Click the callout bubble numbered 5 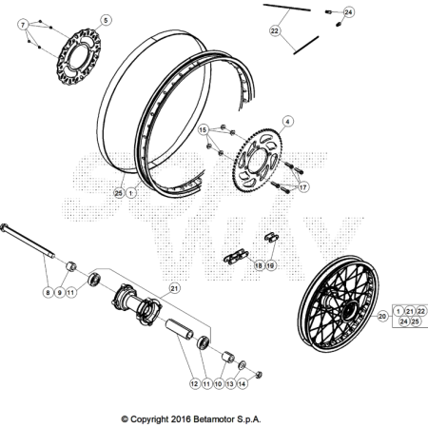tap(106, 20)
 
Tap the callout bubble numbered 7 tap(23, 25)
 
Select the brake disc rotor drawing tap(79, 57)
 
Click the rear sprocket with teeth tap(258, 160)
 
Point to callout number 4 tap(287, 122)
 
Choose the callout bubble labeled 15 tap(204, 129)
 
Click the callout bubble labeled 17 tap(303, 187)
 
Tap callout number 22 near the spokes tap(275, 30)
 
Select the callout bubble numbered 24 tap(348, 12)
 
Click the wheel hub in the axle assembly tap(137, 304)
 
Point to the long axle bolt tap(28, 241)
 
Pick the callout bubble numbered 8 tap(48, 292)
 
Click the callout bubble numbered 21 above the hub tap(174, 288)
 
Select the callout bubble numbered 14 tap(242, 384)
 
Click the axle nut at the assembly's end tap(259, 375)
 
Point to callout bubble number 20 tap(382, 316)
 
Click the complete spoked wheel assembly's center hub tap(349, 311)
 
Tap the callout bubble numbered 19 tap(270, 265)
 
